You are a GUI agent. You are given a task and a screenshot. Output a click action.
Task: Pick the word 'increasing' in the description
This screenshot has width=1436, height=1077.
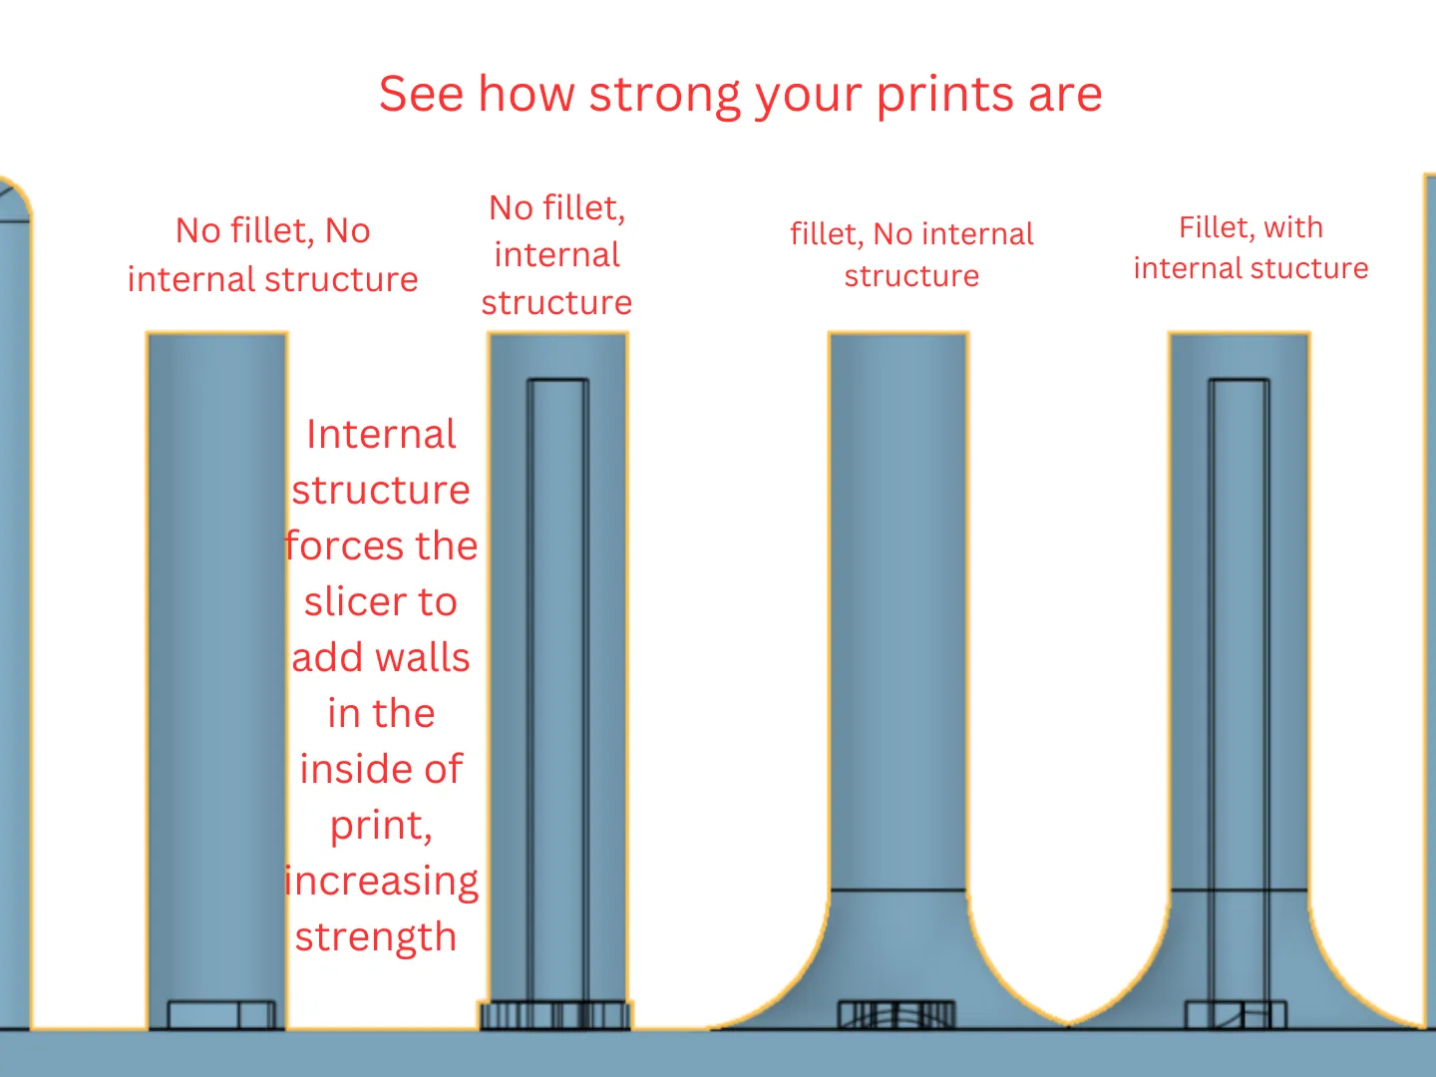pyautogui.click(x=381, y=882)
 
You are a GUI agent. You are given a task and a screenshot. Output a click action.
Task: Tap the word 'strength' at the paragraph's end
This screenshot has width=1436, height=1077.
pyautogui.click(x=376, y=936)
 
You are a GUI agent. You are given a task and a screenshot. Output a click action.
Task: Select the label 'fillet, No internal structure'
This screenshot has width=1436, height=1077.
pyautogui.click(x=912, y=254)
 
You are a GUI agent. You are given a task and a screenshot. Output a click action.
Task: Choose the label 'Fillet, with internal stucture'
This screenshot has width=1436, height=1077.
pyautogui.click(x=1251, y=248)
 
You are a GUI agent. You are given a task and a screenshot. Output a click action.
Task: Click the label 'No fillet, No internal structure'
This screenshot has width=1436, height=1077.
pyautogui.click(x=273, y=255)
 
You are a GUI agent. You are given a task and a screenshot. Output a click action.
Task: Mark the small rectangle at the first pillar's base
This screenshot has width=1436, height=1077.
pyautogui.click(x=221, y=1014)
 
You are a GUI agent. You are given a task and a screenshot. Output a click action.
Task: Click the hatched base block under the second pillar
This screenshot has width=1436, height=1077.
pyautogui.click(x=555, y=1015)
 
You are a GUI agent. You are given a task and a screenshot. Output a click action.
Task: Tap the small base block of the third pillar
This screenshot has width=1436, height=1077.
pyautogui.click(x=897, y=1014)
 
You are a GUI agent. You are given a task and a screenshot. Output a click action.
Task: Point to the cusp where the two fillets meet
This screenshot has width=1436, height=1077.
pyautogui.click(x=1067, y=1024)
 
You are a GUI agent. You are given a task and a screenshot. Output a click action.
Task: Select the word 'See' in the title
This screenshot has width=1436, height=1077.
pyautogui.click(x=421, y=95)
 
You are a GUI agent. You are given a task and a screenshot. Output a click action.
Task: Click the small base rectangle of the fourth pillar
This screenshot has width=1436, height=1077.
pyautogui.click(x=1236, y=1014)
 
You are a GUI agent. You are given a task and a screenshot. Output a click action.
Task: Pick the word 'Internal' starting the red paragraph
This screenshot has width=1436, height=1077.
pyautogui.click(x=381, y=434)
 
